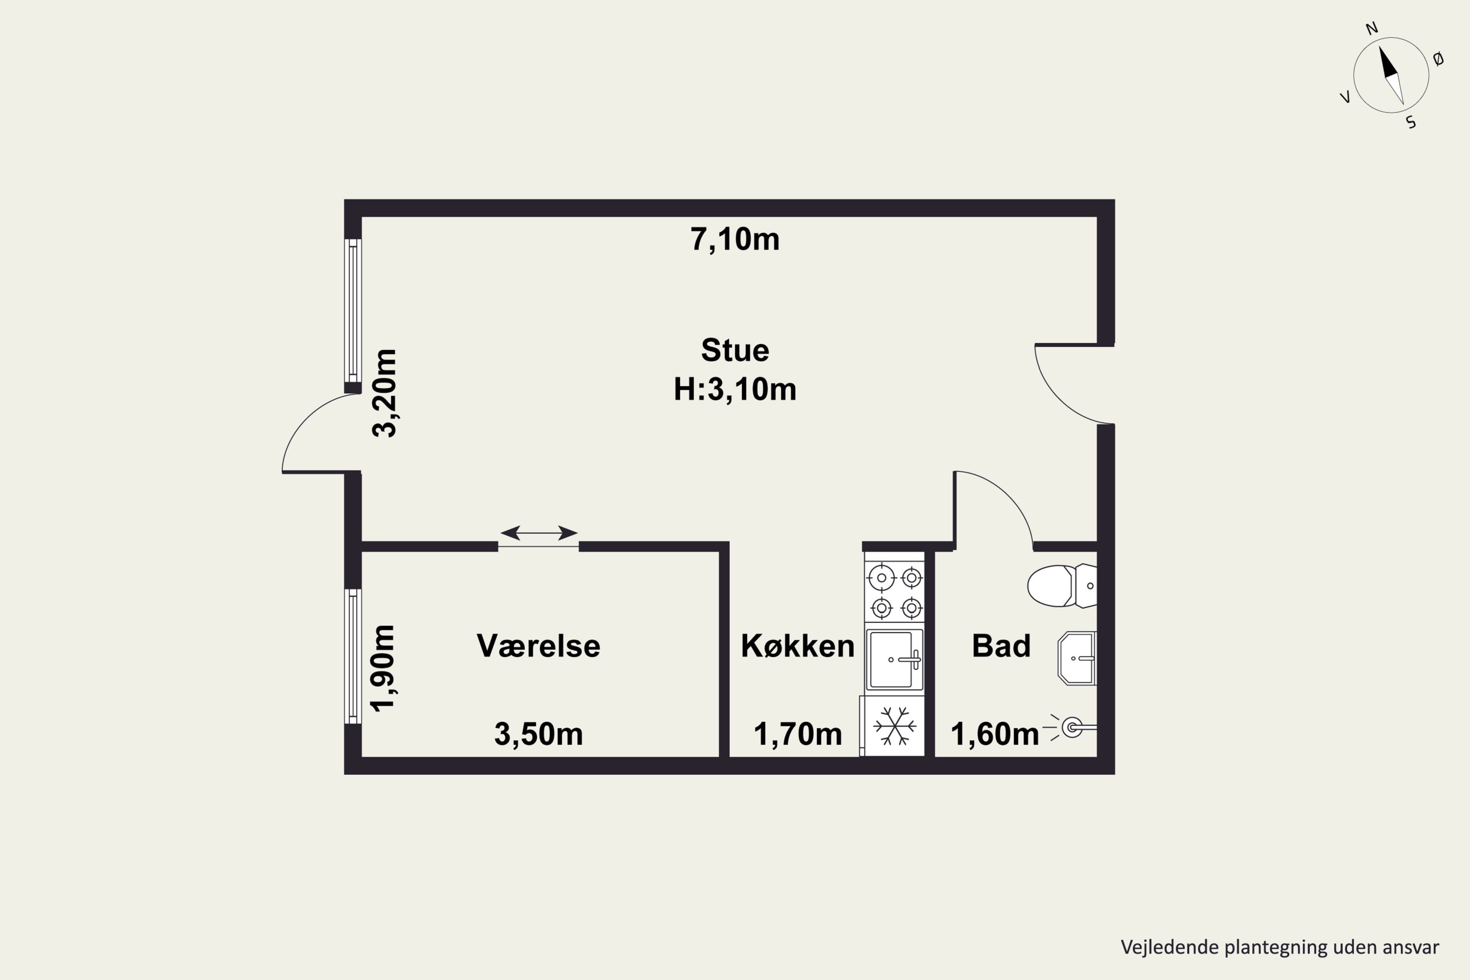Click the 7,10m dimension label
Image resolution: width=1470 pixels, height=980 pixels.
(x=735, y=240)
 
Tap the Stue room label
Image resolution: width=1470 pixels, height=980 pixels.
(x=735, y=350)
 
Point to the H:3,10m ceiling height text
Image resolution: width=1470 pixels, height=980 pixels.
(x=735, y=390)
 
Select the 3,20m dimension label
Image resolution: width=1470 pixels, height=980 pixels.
(x=384, y=393)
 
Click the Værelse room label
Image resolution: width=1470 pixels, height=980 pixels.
(x=538, y=646)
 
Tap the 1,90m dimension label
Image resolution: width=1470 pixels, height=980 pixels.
(x=383, y=668)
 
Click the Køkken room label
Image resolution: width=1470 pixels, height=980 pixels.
(x=798, y=646)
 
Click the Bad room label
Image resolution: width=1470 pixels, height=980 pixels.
(x=1001, y=646)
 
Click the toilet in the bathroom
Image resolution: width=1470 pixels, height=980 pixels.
(x=1062, y=586)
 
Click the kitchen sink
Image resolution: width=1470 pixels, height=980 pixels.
(x=894, y=660)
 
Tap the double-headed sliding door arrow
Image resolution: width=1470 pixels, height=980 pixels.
(x=539, y=533)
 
